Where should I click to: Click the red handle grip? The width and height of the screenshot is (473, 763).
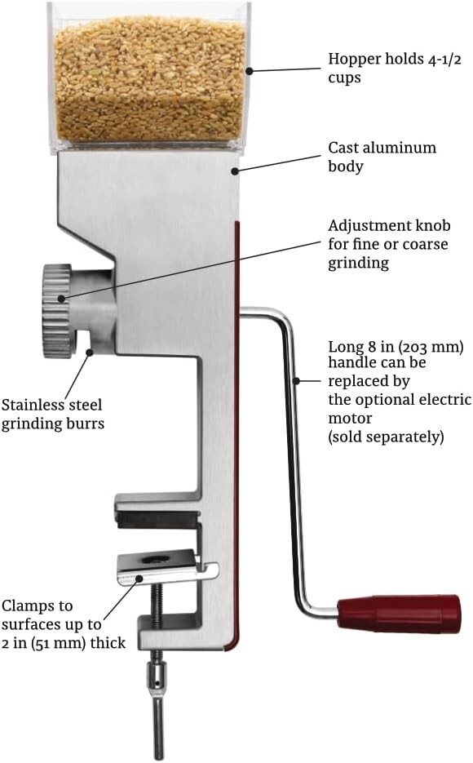click(399, 613)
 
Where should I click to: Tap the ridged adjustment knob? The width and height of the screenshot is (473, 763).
click(57, 311)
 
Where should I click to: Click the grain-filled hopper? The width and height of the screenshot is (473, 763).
click(149, 78)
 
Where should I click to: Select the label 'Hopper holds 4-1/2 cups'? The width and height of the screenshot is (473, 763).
click(394, 68)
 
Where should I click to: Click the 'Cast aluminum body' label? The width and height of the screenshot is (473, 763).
click(382, 157)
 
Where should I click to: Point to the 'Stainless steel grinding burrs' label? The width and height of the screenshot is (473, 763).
click(52, 414)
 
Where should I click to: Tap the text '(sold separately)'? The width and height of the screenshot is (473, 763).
click(386, 437)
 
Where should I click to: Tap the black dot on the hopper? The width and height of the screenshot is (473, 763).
click(249, 71)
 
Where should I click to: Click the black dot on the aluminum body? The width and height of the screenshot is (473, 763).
click(235, 171)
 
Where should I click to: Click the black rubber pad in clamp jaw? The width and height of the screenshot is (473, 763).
click(158, 519)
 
